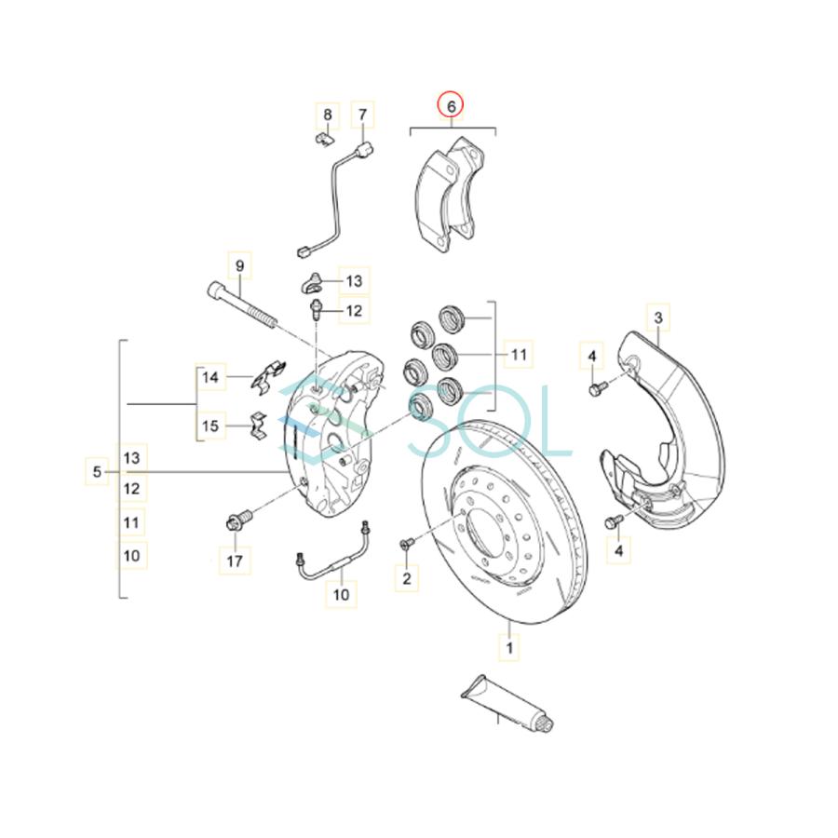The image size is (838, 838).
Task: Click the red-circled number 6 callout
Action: tap(451, 107)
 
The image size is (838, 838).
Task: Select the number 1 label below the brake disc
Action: tap(508, 644)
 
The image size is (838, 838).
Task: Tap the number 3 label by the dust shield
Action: tap(657, 319)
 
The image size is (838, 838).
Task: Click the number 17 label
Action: tap(235, 561)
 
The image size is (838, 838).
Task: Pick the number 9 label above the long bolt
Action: tap(239, 266)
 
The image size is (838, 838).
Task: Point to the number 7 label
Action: tap(362, 115)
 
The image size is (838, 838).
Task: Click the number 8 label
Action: tap(327, 115)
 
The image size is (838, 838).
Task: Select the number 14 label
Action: tap(210, 377)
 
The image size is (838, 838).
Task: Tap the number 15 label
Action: tap(210, 426)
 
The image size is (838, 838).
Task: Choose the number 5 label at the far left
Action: tap(98, 473)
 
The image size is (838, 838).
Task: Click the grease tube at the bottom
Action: tap(508, 706)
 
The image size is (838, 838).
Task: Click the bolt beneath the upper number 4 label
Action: tap(596, 389)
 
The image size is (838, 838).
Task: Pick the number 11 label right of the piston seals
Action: tap(518, 354)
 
